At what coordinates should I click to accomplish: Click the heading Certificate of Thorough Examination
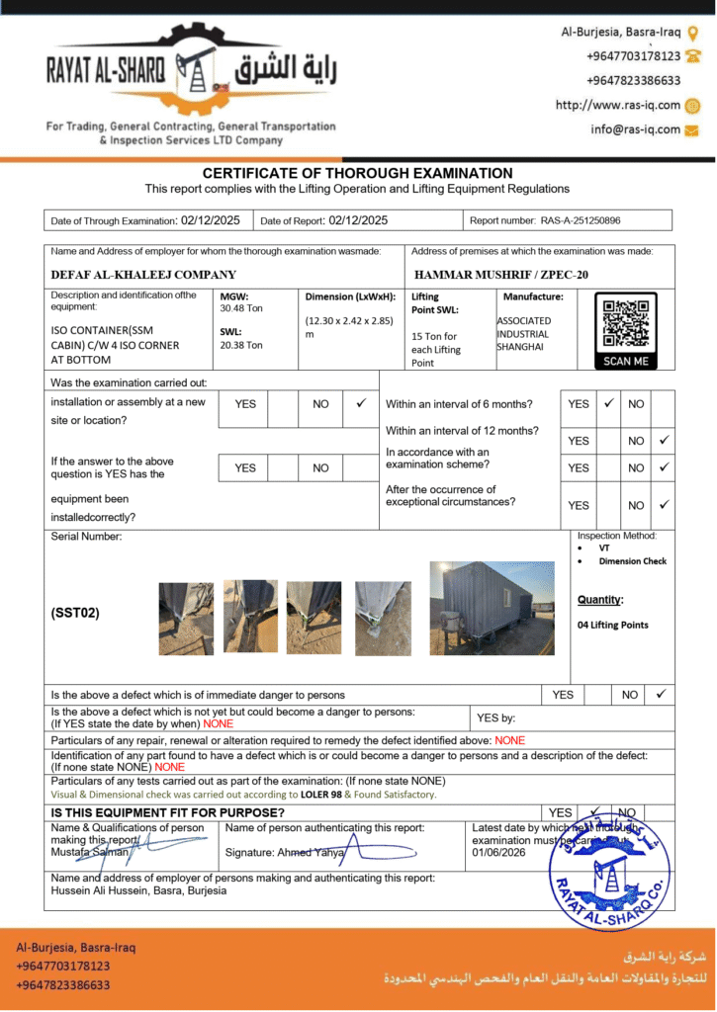coord(357,173)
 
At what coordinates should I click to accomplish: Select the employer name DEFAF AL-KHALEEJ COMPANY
coord(143,275)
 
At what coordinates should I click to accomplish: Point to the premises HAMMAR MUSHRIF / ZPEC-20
coord(500,275)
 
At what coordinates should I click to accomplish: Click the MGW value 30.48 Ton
coord(241,308)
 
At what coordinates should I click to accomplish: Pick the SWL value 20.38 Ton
coord(241,345)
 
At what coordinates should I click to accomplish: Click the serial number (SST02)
coord(75,613)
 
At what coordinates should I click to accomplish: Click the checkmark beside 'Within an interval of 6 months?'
coord(608,403)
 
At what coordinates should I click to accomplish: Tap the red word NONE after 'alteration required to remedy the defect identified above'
coord(510,740)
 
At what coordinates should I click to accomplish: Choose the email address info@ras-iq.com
coord(636,129)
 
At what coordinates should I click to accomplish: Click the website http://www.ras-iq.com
coord(618,105)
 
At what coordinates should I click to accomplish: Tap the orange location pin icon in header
coord(692,33)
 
